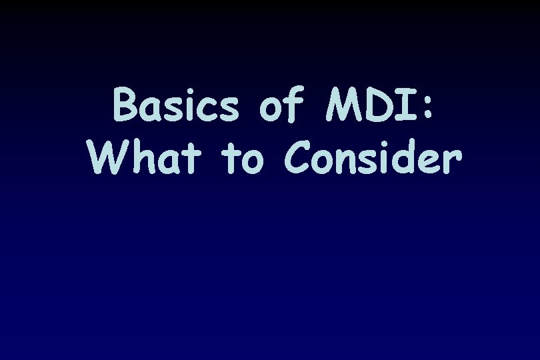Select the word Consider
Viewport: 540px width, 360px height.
[x=373, y=158]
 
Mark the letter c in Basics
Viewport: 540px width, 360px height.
[x=209, y=111]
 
